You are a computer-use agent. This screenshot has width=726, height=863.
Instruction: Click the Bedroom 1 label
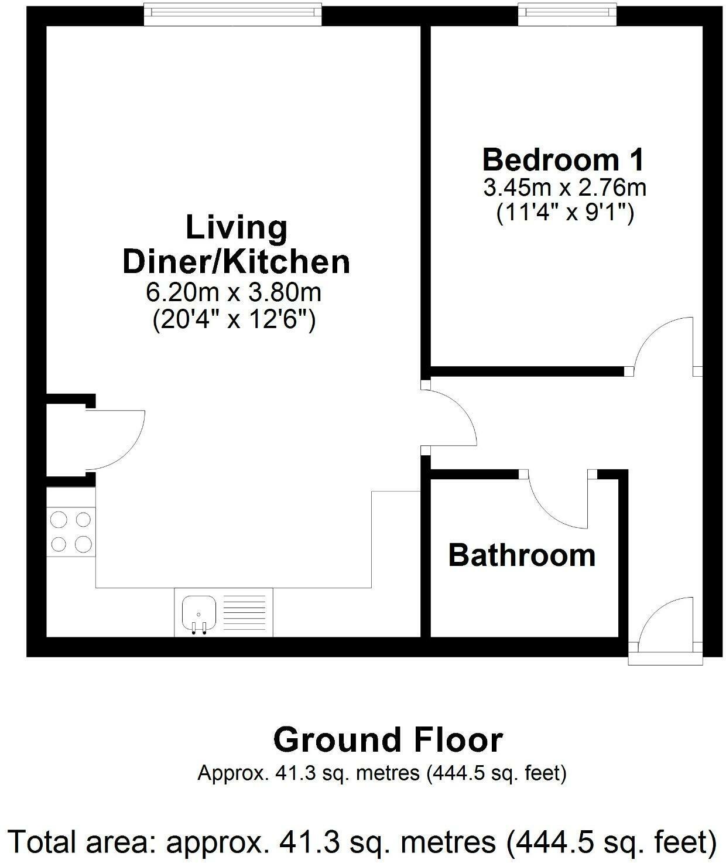[563, 160]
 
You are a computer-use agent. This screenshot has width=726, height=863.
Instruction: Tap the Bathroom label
[521, 555]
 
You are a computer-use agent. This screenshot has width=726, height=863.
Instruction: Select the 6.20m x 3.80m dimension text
[234, 292]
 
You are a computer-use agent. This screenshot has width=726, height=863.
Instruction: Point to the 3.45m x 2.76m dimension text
[564, 188]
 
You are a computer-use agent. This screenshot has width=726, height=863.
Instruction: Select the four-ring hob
[71, 531]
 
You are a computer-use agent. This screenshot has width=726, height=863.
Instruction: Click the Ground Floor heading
[388, 740]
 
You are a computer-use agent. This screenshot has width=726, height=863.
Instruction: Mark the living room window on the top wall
[233, 14]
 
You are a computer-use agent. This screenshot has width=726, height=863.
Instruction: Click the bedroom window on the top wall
[567, 14]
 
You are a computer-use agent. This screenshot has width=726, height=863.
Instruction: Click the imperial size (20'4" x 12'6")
[234, 320]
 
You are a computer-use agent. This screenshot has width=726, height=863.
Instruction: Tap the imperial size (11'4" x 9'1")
[565, 214]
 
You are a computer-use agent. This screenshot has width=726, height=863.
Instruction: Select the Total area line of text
[363, 842]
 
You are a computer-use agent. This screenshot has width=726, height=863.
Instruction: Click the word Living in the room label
[237, 227]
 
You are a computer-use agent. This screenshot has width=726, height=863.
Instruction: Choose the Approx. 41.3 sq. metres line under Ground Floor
[382, 773]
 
